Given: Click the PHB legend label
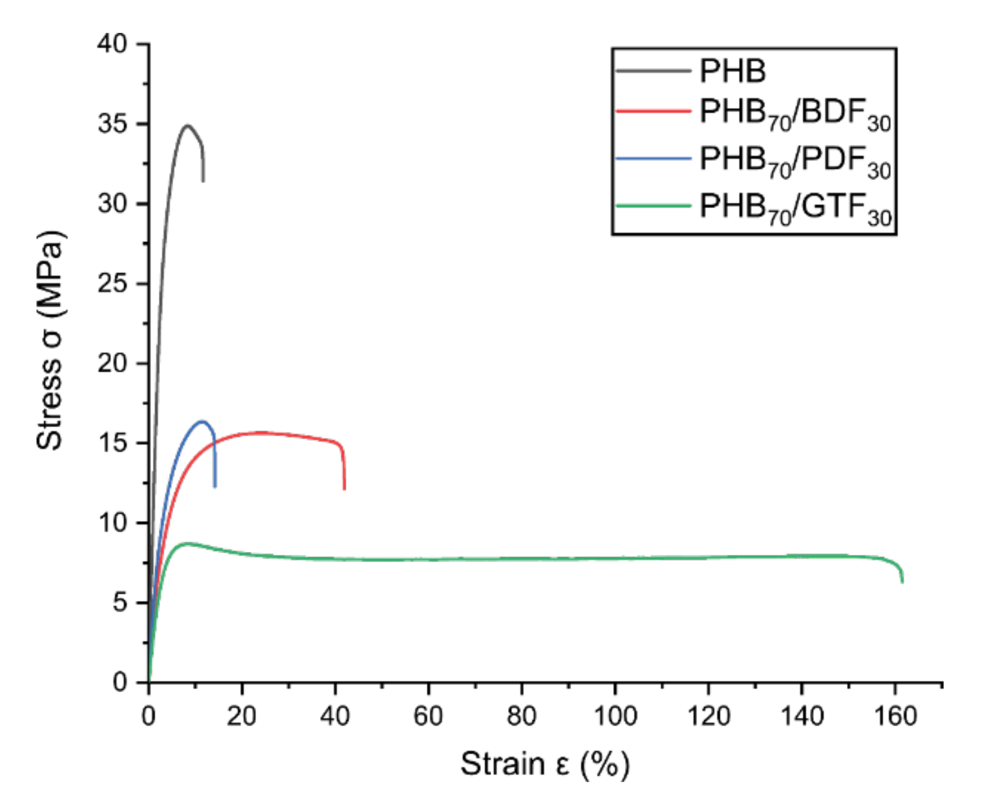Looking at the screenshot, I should click(732, 71).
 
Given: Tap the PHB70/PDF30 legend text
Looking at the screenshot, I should click(795, 162).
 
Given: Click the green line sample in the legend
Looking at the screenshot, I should click(653, 206).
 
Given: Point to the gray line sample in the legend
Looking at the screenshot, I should click(653, 71).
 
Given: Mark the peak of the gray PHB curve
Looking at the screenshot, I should click(187, 125).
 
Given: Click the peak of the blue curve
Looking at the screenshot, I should click(202, 421).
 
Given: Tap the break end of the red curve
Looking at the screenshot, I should click(344, 489).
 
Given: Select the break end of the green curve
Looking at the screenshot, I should click(902, 582).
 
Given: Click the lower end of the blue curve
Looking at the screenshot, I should click(215, 486).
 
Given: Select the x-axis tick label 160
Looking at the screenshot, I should click(895, 716).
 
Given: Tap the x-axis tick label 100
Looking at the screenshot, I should click(615, 716).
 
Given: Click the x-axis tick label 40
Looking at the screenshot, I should click(335, 716).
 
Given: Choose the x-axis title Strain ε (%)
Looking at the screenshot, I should click(544, 764).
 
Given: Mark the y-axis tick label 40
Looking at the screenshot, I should click(112, 43).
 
